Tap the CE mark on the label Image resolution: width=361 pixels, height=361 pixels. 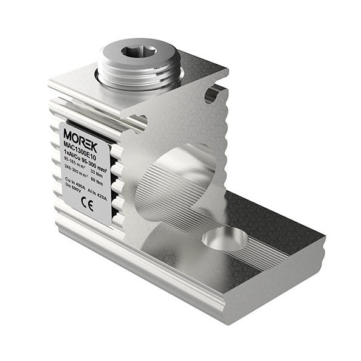pyautogui.click(x=87, y=205)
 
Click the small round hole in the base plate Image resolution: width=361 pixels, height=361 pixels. pyautogui.click(x=224, y=239)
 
